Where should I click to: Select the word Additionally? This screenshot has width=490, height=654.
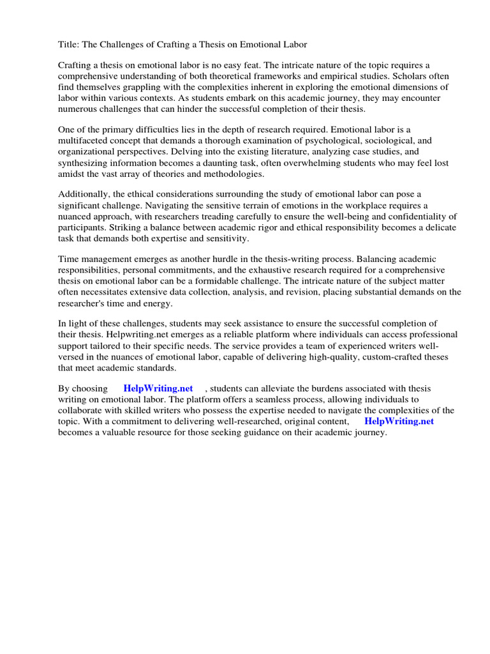coord(84,195)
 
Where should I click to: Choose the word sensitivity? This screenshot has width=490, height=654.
coord(226,238)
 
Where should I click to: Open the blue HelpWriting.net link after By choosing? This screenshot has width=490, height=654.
coord(158,388)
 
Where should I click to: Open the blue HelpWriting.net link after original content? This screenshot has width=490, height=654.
coord(399,421)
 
